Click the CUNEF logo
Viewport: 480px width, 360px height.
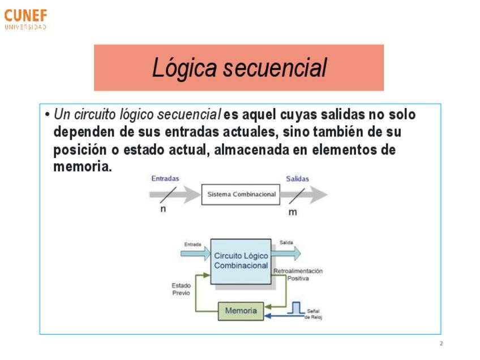(25, 19)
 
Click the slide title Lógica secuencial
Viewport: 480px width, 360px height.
(239, 68)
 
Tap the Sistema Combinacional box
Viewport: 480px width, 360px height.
(241, 194)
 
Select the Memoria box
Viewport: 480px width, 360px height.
(241, 311)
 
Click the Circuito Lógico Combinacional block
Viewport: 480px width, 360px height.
(241, 261)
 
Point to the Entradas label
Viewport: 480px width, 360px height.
(165, 178)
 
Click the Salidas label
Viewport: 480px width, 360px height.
(297, 179)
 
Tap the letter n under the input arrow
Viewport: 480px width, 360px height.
(163, 208)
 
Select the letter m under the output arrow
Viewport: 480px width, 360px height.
(293, 212)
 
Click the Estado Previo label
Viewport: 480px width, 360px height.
(181, 289)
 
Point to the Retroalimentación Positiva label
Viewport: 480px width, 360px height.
(298, 275)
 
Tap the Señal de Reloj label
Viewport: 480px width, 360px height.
(313, 314)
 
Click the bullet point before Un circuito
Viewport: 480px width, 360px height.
(48, 115)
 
